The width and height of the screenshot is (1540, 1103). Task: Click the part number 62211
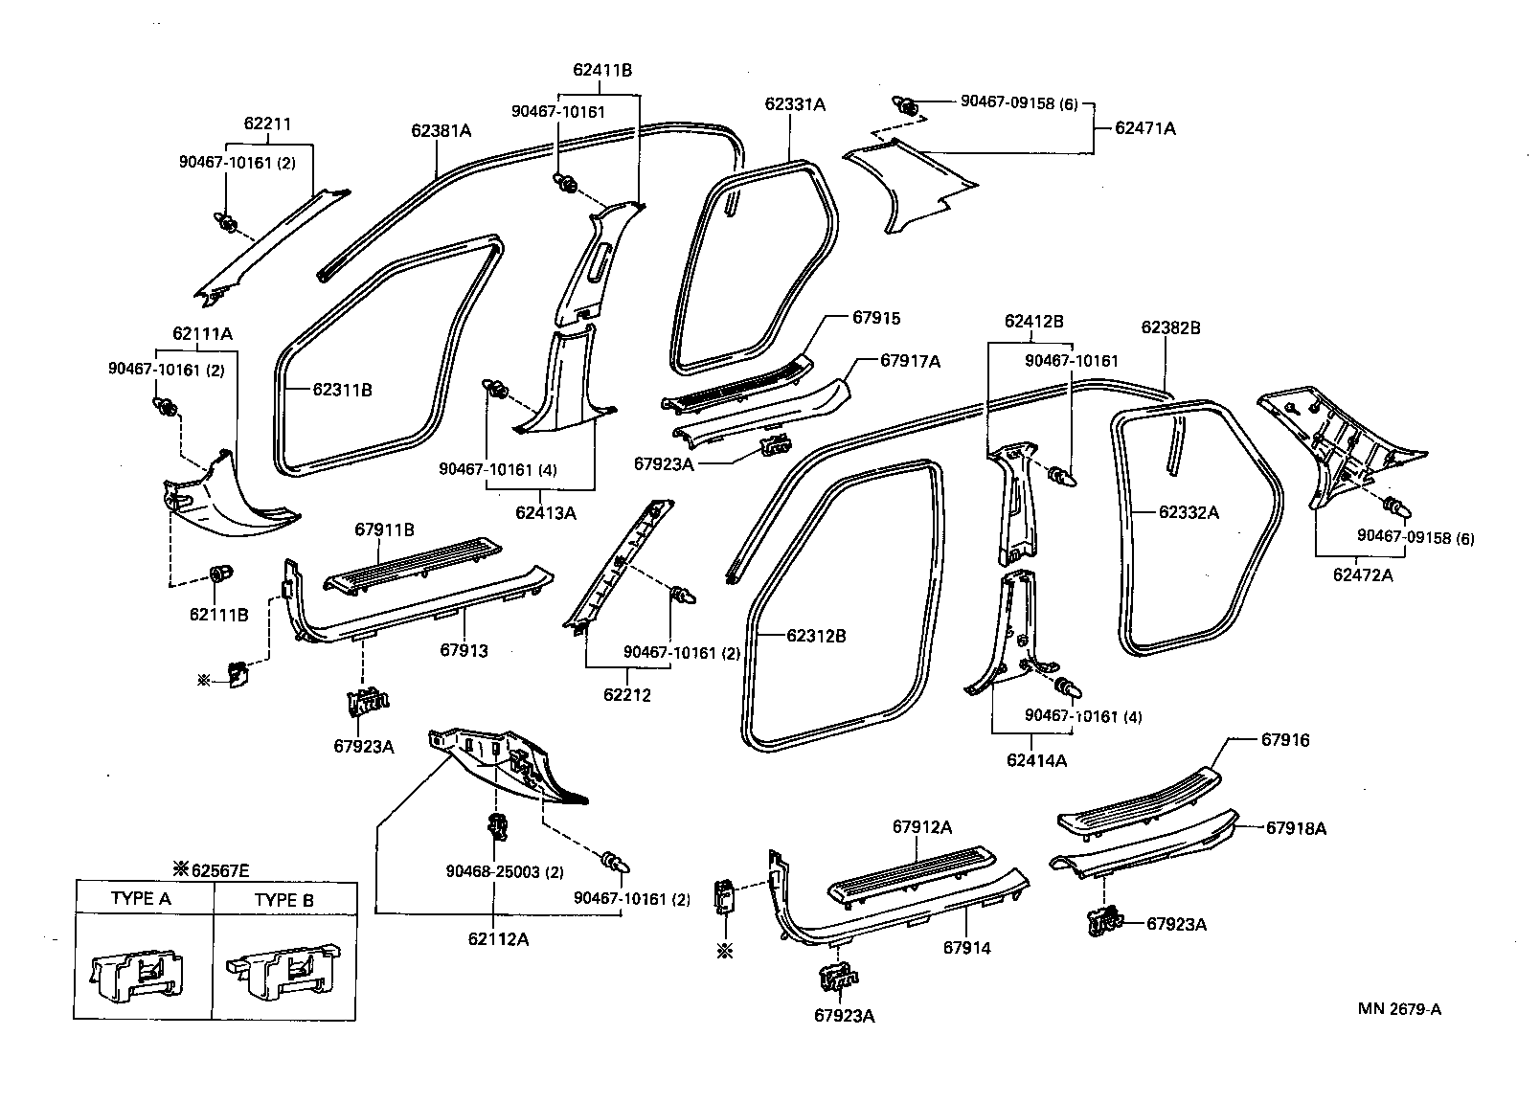click(267, 124)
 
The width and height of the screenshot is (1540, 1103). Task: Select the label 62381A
click(442, 130)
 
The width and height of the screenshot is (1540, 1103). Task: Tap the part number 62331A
click(795, 104)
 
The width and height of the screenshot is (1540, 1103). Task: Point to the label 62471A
click(1144, 127)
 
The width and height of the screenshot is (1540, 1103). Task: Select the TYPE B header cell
click(283, 900)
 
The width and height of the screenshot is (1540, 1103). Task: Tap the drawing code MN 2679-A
click(1398, 1009)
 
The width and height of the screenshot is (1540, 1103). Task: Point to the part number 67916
click(1285, 740)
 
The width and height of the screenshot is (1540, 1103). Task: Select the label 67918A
click(1296, 828)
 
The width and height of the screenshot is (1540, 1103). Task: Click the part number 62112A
click(498, 939)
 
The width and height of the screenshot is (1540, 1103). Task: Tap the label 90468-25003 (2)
click(505, 872)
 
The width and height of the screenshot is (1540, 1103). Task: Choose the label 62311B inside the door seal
click(342, 389)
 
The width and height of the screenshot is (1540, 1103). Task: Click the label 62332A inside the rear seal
click(1189, 512)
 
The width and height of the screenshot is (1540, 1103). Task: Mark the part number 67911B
click(384, 529)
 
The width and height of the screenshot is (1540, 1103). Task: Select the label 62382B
click(1170, 327)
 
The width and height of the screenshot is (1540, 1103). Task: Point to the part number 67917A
click(910, 361)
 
